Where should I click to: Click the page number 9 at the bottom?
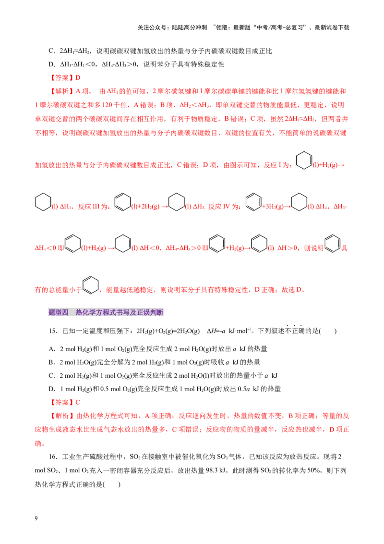click(x=36, y=518)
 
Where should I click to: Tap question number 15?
click(x=53, y=331)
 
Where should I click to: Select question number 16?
click(x=53, y=457)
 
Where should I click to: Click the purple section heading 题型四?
click(x=59, y=312)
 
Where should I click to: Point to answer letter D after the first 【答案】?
click(x=78, y=78)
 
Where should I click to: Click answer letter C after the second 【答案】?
click(x=78, y=402)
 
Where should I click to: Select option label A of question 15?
click(x=52, y=349)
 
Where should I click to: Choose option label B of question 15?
click(x=52, y=362)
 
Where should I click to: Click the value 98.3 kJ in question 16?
click(x=216, y=470)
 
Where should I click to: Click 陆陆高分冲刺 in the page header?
click(x=190, y=27)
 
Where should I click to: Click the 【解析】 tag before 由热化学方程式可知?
click(x=62, y=416)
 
